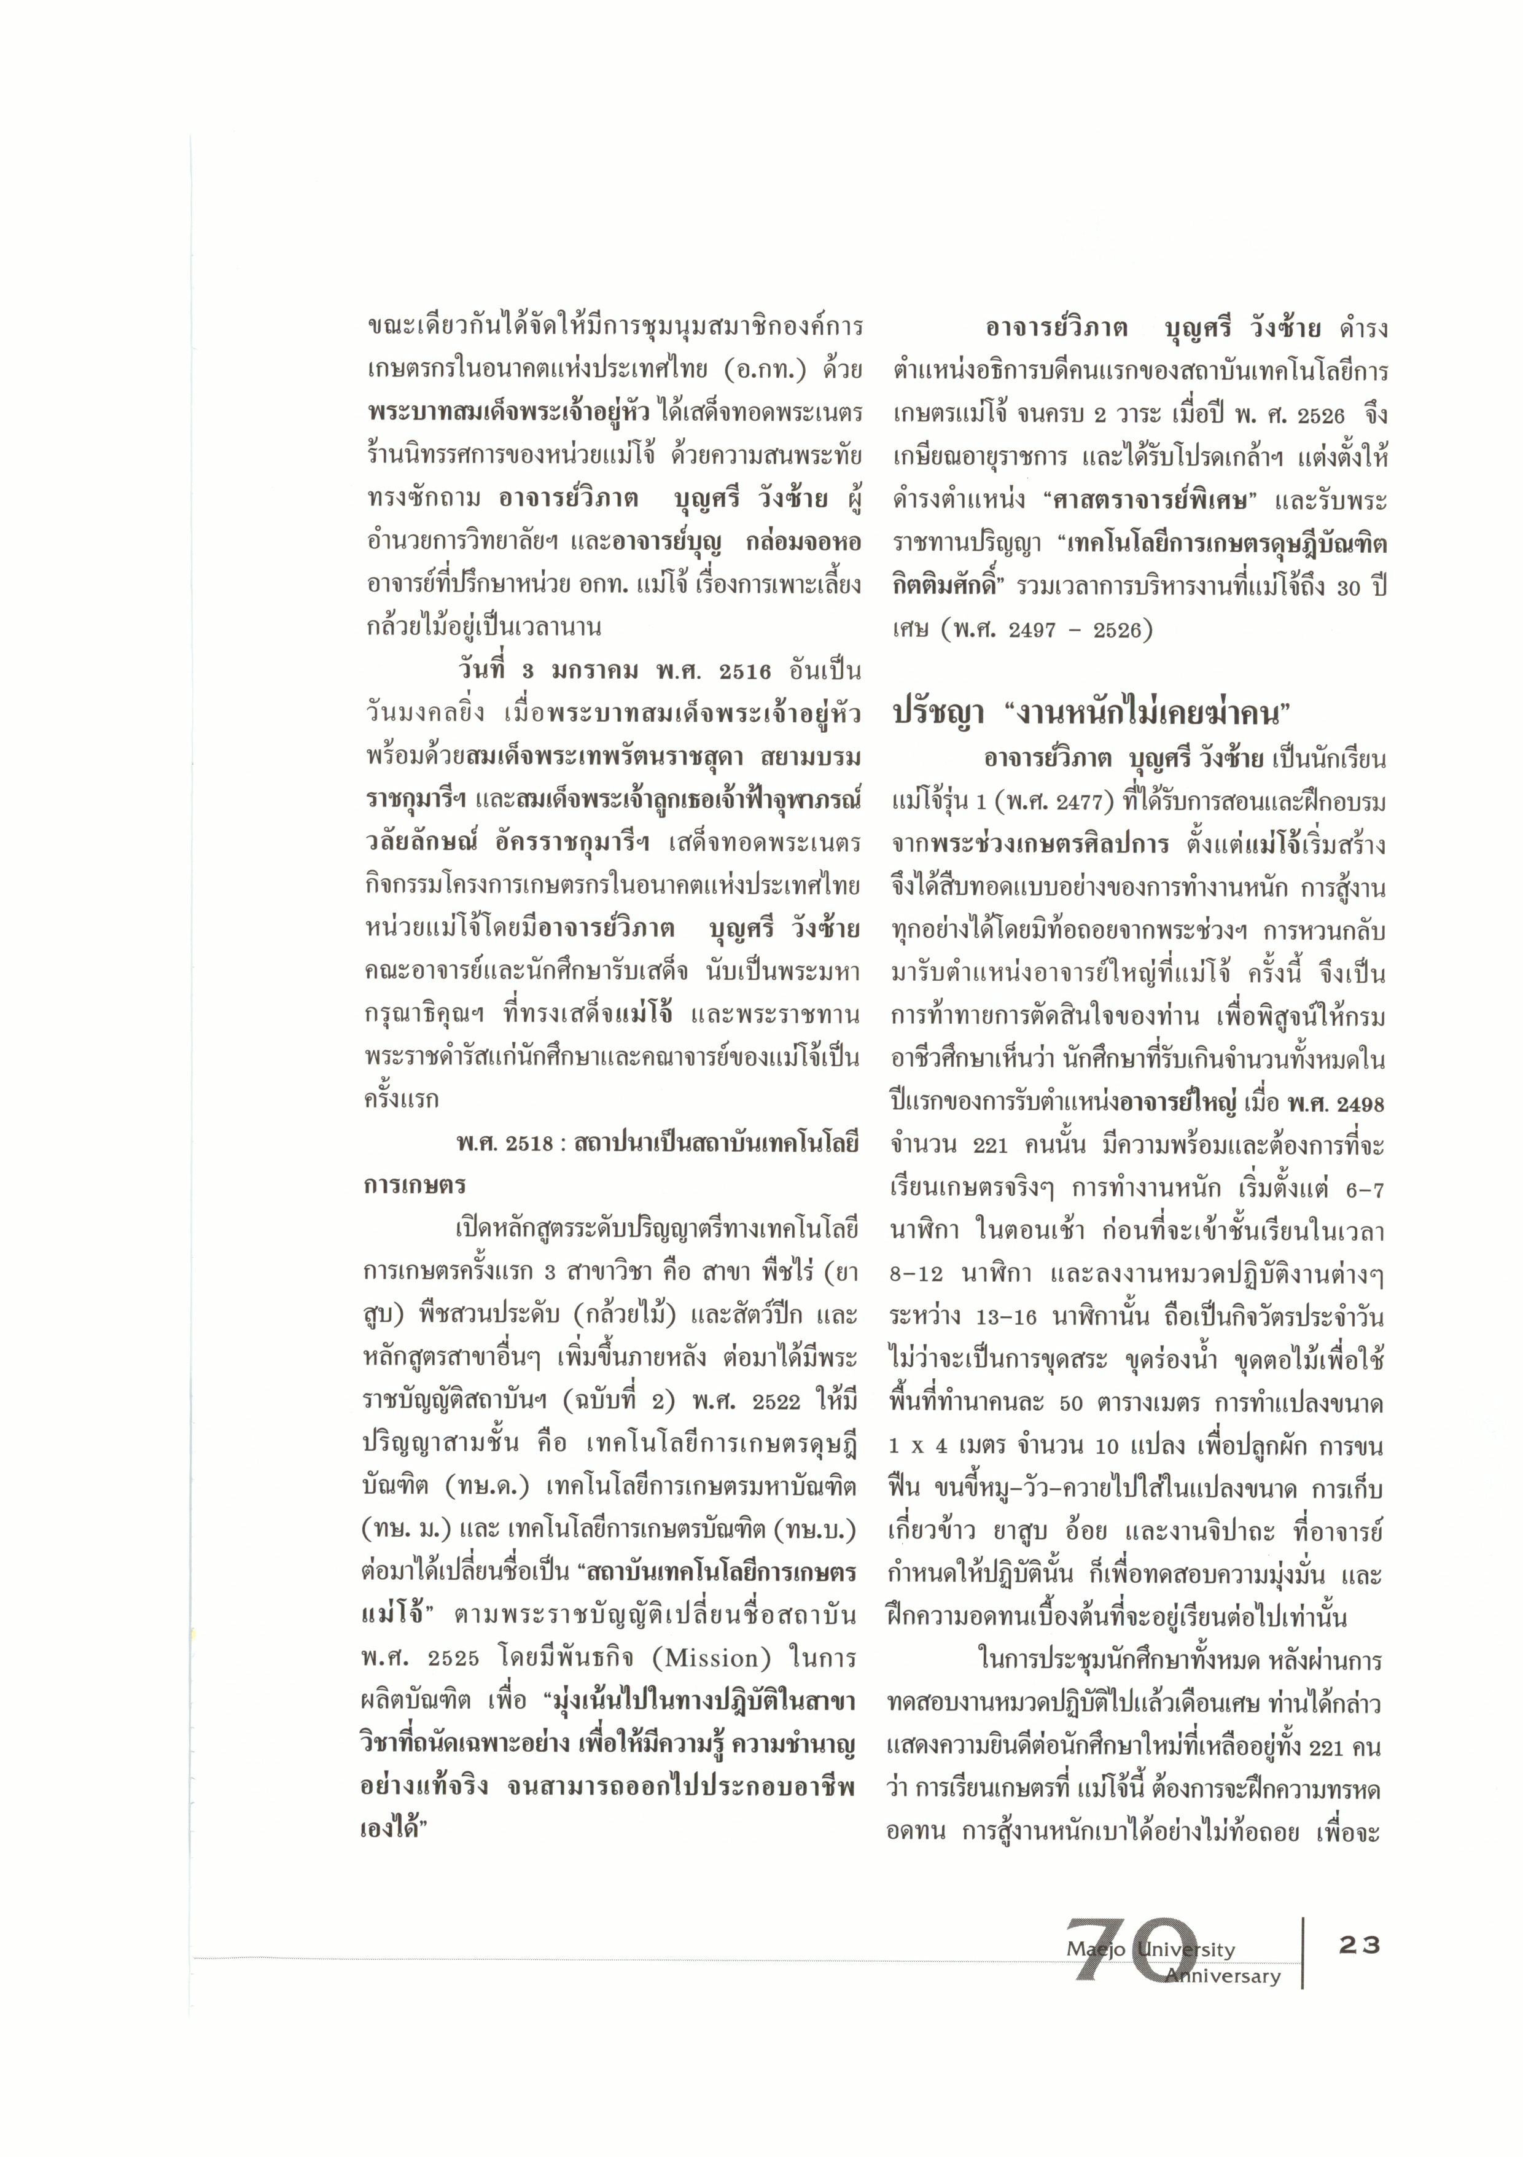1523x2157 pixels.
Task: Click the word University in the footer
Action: [1186, 1949]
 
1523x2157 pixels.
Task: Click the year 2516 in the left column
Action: [744, 671]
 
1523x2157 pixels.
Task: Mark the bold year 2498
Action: [1349, 1103]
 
